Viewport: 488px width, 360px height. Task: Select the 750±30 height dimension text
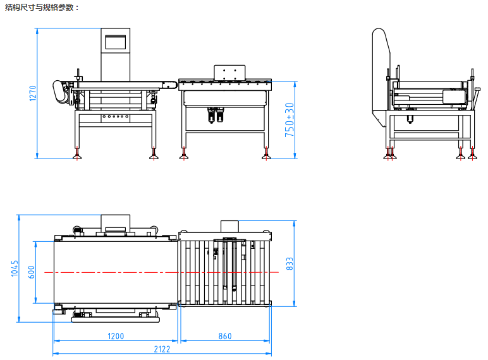[290, 120]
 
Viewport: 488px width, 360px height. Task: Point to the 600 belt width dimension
[31, 272]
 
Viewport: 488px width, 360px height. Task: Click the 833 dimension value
[290, 263]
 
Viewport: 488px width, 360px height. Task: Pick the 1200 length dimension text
[116, 337]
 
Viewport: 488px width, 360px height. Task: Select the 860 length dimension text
[225, 337]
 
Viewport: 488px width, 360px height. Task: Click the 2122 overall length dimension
[162, 349]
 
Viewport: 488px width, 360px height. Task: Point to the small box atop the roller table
[228, 73]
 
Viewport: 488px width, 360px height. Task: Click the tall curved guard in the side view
[380, 69]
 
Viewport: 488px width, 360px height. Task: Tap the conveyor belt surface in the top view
[114, 272]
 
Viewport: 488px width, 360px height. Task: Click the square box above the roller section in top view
[228, 225]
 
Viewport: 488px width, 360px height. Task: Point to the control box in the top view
[115, 222]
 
